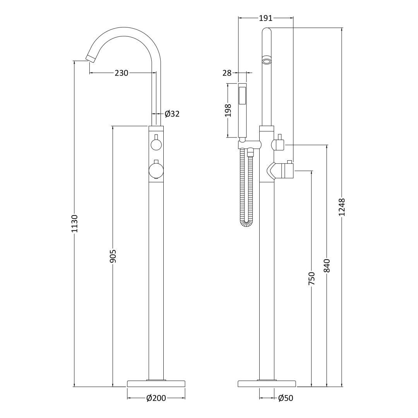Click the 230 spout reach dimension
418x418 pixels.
pos(121,73)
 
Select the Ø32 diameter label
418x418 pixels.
pos(172,114)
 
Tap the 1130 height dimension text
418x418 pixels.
pos(74,223)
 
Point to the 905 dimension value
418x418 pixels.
pos(113,256)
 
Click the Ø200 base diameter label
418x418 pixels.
pos(156,398)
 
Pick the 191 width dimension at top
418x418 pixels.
pos(266,18)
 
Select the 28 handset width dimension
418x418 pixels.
pos(227,73)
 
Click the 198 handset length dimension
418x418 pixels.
pos(228,110)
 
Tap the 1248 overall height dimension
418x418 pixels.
pos(342,207)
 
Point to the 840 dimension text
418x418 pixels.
pos(327,266)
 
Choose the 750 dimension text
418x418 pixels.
pos(312,278)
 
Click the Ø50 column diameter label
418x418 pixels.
pos(286,398)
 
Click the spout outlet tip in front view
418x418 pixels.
pos(91,58)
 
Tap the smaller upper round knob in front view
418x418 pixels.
pos(156,145)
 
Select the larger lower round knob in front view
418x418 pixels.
pos(156,171)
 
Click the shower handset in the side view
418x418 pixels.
pos(242,110)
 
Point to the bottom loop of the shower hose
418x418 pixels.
pos(246,223)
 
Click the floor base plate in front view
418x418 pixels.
pos(156,384)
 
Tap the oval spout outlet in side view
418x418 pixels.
pos(267,61)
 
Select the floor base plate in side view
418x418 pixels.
pos(267,384)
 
